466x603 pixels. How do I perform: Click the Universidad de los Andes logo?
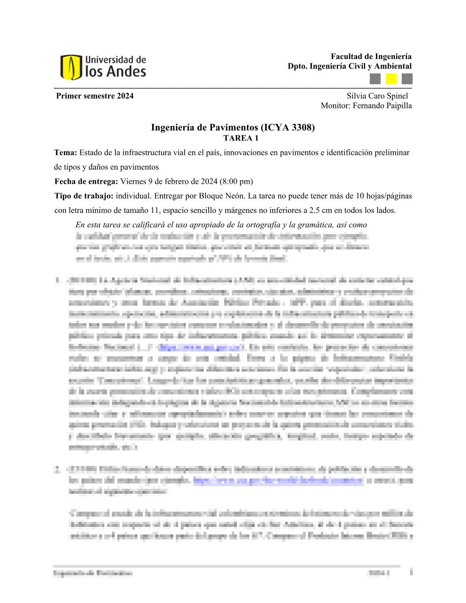click(103, 67)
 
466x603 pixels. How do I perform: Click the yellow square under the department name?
click(391, 79)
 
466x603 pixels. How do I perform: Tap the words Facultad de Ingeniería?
click(371, 56)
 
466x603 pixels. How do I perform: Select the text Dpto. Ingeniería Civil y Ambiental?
click(349, 66)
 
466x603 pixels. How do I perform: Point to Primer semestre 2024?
click(95, 96)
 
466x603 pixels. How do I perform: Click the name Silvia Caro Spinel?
click(377, 96)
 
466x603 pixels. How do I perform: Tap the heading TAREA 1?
click(241, 138)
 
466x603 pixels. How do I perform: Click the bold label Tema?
click(65, 153)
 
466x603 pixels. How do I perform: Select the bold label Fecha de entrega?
click(86, 182)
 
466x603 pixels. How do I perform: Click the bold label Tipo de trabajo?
click(84, 196)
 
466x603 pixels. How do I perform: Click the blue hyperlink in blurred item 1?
click(201, 347)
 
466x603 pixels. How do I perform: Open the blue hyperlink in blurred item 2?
click(278, 480)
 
